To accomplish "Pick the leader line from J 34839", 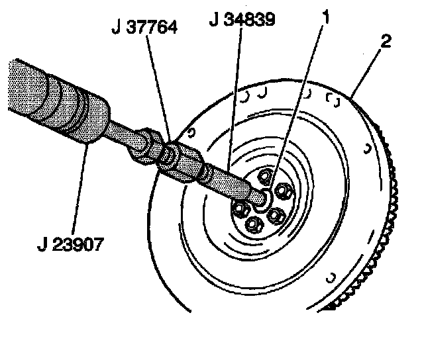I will [233, 99].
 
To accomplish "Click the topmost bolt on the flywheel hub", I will [265, 176].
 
